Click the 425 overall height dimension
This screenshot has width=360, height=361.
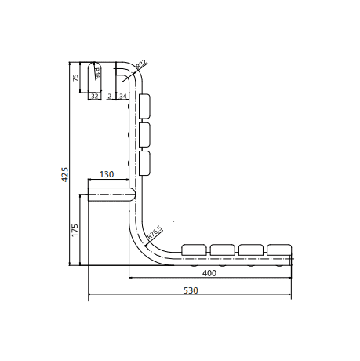pos(64,175)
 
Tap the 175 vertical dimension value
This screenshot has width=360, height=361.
pos(75,230)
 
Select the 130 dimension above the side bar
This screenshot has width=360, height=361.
pos(107,174)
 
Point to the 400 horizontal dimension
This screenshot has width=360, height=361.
pos(209,273)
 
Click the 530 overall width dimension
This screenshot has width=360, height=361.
pos(191,290)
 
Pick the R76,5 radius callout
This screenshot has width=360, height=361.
pos(155,232)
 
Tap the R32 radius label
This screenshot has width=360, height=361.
pos(142,64)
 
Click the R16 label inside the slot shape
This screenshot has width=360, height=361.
pos(96,74)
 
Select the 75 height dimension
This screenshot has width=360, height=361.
pos(75,78)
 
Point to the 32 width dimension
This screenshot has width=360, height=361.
pos(95,97)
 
